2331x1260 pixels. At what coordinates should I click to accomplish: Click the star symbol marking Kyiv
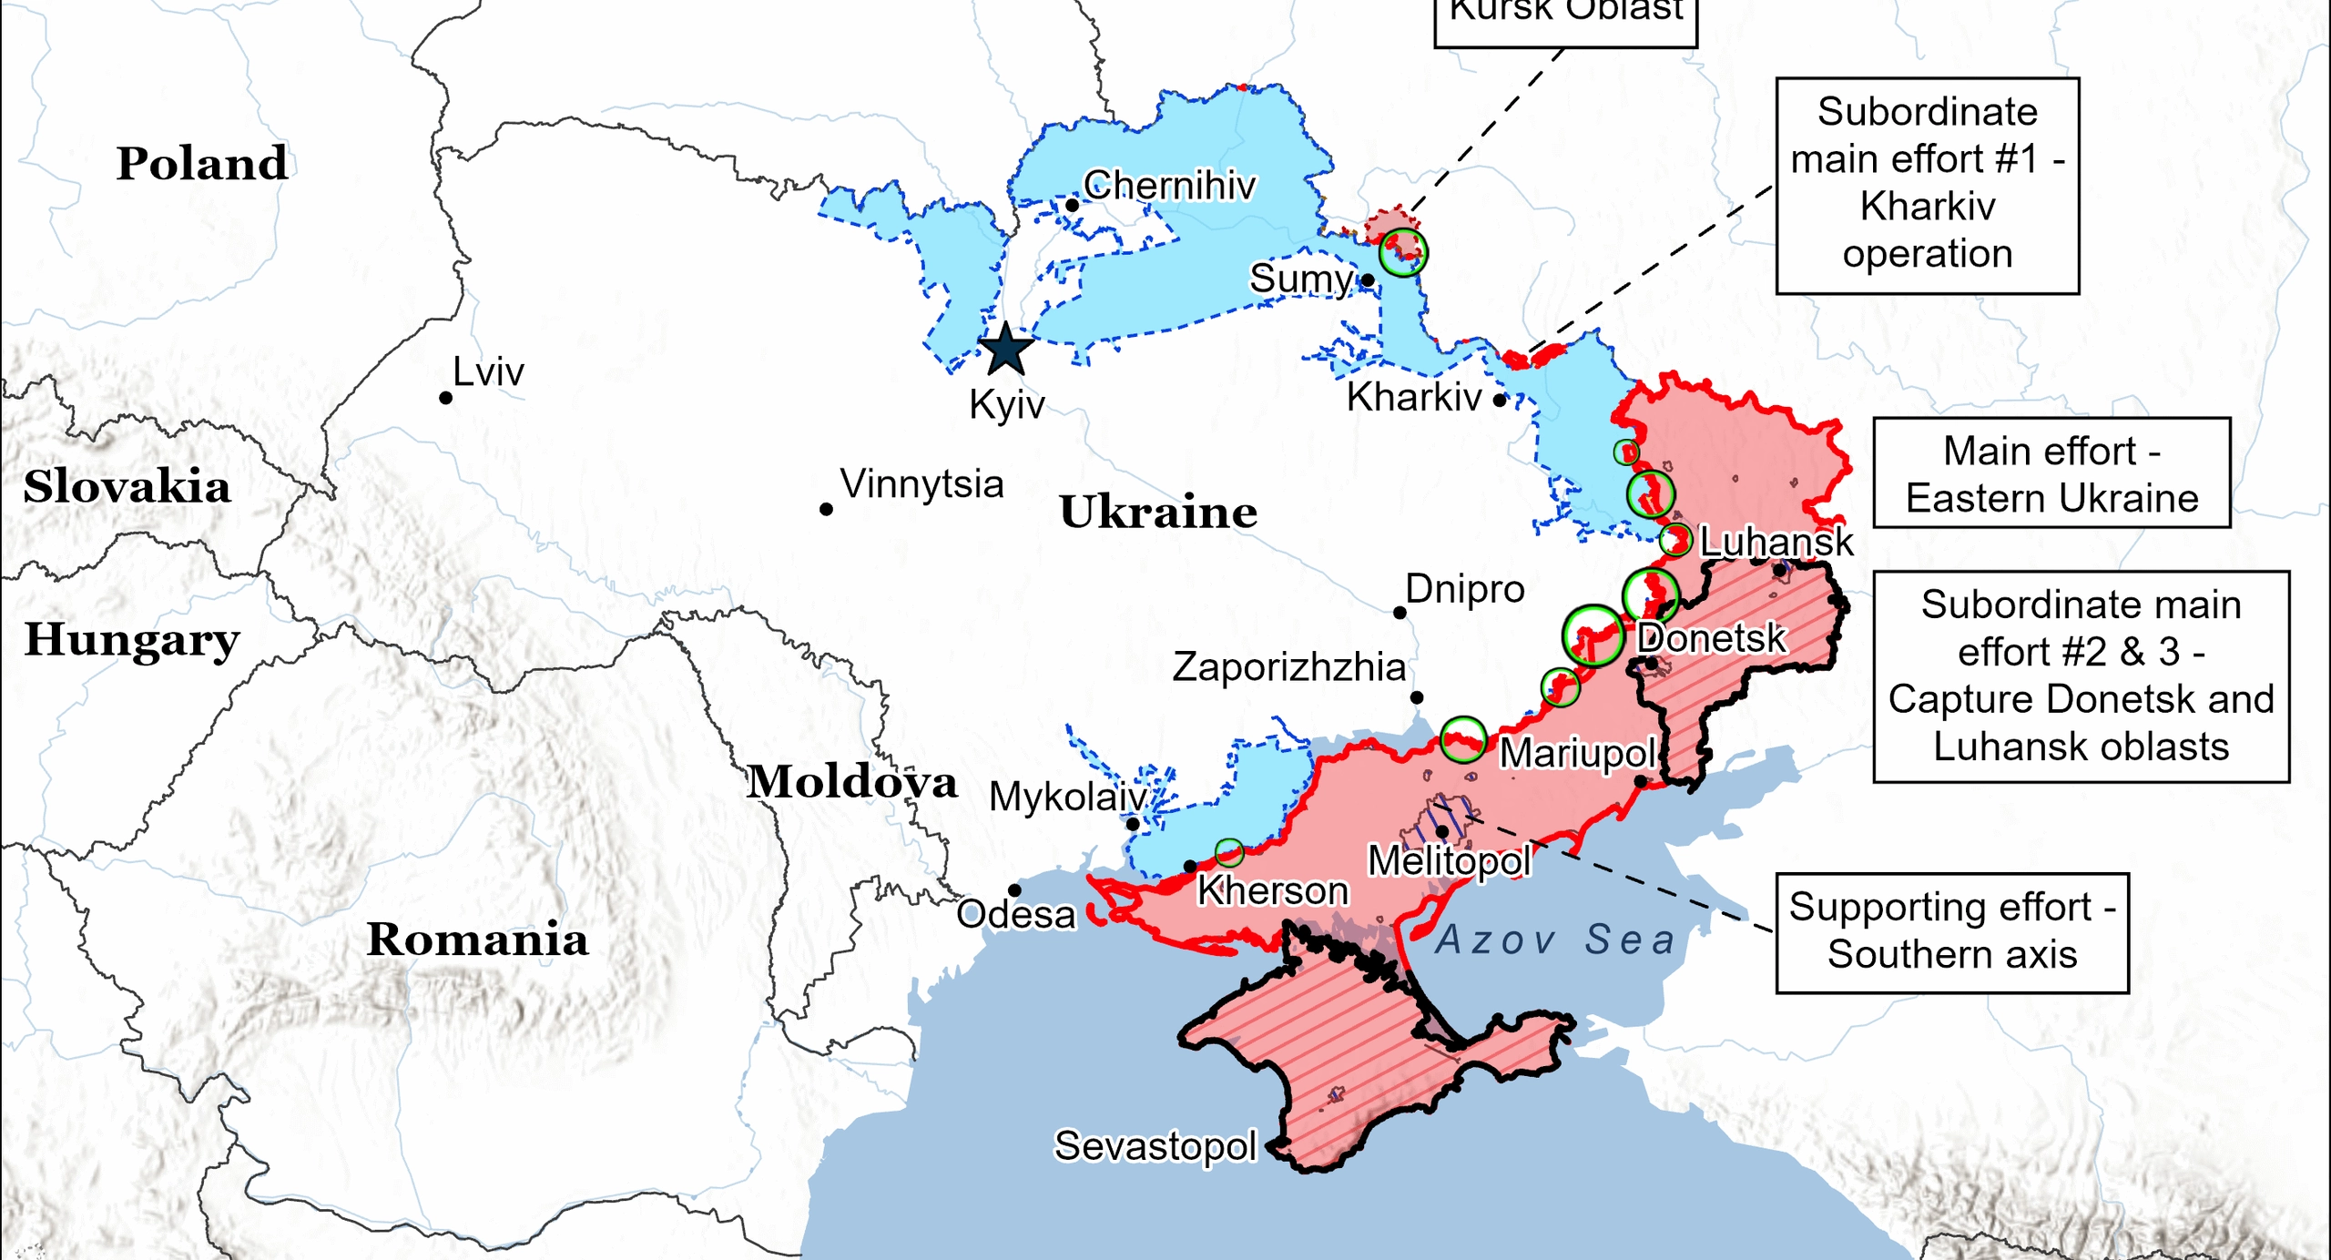pyautogui.click(x=1005, y=350)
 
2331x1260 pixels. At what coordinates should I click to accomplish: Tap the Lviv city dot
pyautogui.click(x=445, y=398)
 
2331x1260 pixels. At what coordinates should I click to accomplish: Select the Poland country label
pyautogui.click(x=202, y=164)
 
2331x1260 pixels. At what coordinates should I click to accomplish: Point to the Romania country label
pyautogui.click(x=477, y=940)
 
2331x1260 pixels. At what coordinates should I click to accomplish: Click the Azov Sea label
pyautogui.click(x=1555, y=940)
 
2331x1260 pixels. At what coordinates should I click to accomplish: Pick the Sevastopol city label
pyautogui.click(x=1155, y=1146)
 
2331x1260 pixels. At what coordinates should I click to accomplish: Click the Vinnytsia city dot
pyautogui.click(x=826, y=509)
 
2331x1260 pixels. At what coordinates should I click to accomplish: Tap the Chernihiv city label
pyautogui.click(x=1169, y=186)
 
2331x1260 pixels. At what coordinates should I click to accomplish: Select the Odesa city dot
pyautogui.click(x=1014, y=890)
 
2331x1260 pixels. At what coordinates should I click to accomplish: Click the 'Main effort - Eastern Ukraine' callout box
pyautogui.click(x=2051, y=473)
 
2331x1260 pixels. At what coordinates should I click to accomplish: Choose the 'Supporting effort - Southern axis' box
pyautogui.click(x=1951, y=932)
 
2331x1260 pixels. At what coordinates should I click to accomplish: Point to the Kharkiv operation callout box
pyautogui.click(x=1927, y=186)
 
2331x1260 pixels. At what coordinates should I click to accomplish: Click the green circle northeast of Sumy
pyautogui.click(x=1402, y=251)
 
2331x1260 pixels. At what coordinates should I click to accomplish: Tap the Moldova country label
pyautogui.click(x=851, y=782)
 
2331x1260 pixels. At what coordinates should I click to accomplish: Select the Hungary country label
pyautogui.click(x=132, y=639)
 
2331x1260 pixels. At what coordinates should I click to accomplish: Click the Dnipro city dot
pyautogui.click(x=1400, y=613)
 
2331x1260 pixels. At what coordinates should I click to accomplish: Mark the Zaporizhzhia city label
pyautogui.click(x=1288, y=667)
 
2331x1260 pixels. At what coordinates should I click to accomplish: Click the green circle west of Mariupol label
pyautogui.click(x=1463, y=738)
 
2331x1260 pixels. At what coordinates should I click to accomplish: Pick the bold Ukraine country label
pyautogui.click(x=1158, y=513)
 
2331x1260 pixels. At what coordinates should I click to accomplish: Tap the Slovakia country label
pyautogui.click(x=127, y=487)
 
